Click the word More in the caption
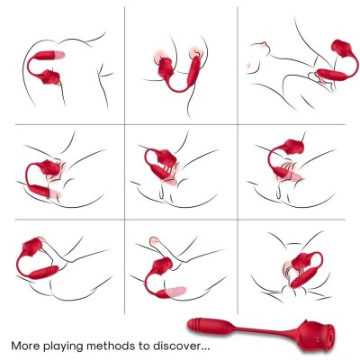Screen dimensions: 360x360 tap(26, 345)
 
